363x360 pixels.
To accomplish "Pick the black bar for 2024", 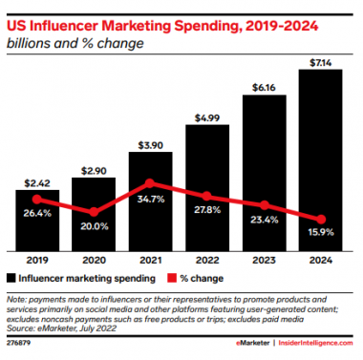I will tap(315, 162).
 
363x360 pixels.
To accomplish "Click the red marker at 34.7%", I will tap(149, 184).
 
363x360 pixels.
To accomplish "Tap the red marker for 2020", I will tap(94, 212).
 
